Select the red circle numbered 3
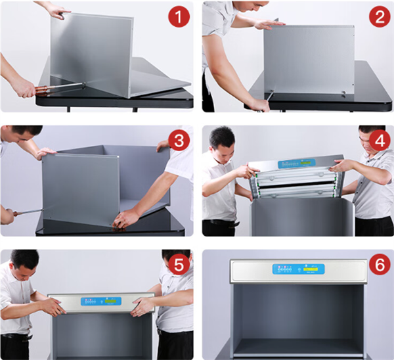click(x=179, y=140)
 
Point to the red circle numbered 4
click(x=380, y=140)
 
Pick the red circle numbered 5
click(x=179, y=264)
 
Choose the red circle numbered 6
click(x=380, y=264)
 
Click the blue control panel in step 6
click(x=299, y=269)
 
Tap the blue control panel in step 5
click(x=101, y=301)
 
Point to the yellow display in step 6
click(x=311, y=269)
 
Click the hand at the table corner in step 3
click(x=125, y=219)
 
